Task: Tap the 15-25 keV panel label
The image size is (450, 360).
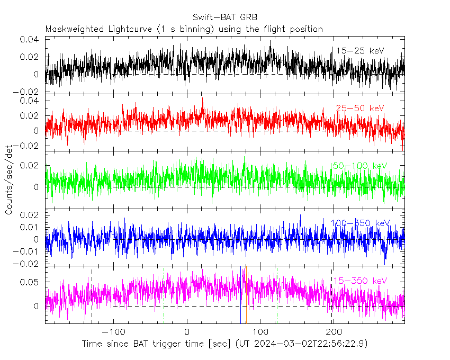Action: click(360, 50)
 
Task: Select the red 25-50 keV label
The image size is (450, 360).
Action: click(360, 109)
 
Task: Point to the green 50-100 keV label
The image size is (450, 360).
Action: click(359, 166)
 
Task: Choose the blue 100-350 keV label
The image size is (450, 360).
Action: click(360, 223)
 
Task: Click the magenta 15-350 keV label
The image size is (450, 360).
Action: click(360, 280)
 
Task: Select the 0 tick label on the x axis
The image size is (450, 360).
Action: click(187, 331)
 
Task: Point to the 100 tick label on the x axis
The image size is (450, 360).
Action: click(260, 331)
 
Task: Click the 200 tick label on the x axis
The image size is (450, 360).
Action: click(332, 331)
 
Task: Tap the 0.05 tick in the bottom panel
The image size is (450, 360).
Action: click(30, 282)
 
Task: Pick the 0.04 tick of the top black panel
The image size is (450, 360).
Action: click(30, 40)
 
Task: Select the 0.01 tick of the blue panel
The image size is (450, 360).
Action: click(30, 227)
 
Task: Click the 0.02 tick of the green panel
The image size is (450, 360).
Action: click(30, 166)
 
